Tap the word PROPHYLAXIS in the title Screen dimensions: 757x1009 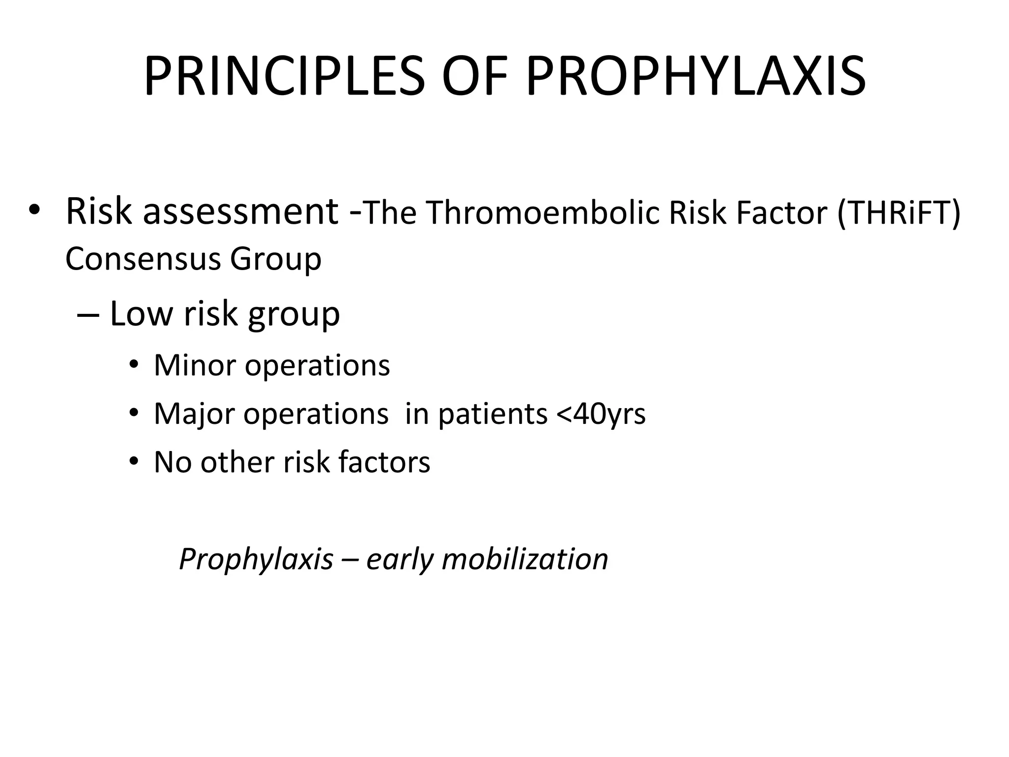point(695,76)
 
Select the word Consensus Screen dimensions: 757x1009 point(143,259)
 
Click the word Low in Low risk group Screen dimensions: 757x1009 point(141,313)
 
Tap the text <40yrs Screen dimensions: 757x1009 point(601,414)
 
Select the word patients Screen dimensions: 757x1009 point(493,414)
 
